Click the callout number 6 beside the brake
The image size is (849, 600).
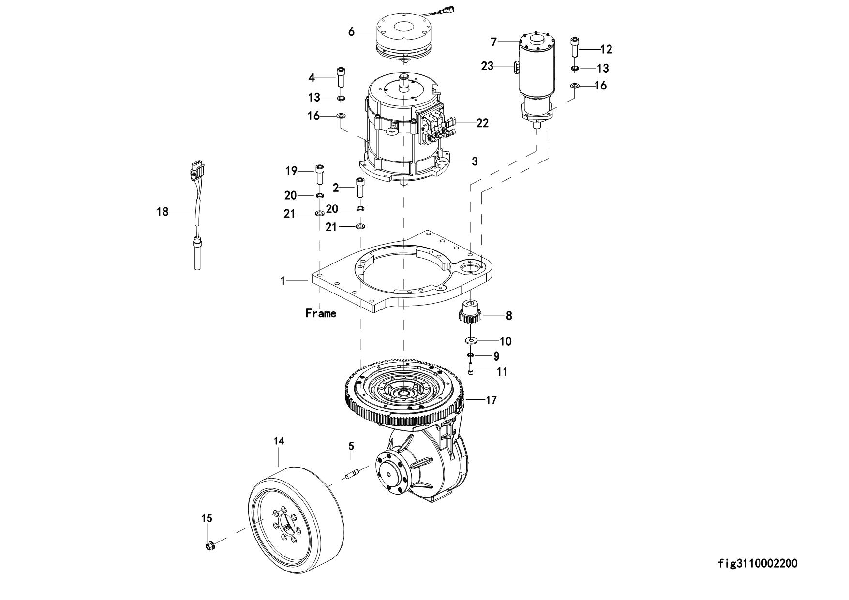tap(351, 32)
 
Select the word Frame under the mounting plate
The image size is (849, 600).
tap(321, 313)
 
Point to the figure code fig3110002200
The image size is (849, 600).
tap(758, 563)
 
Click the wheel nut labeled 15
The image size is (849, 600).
tap(210, 546)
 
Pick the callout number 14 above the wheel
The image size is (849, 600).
tap(279, 441)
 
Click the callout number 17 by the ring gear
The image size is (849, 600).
tap(491, 400)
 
